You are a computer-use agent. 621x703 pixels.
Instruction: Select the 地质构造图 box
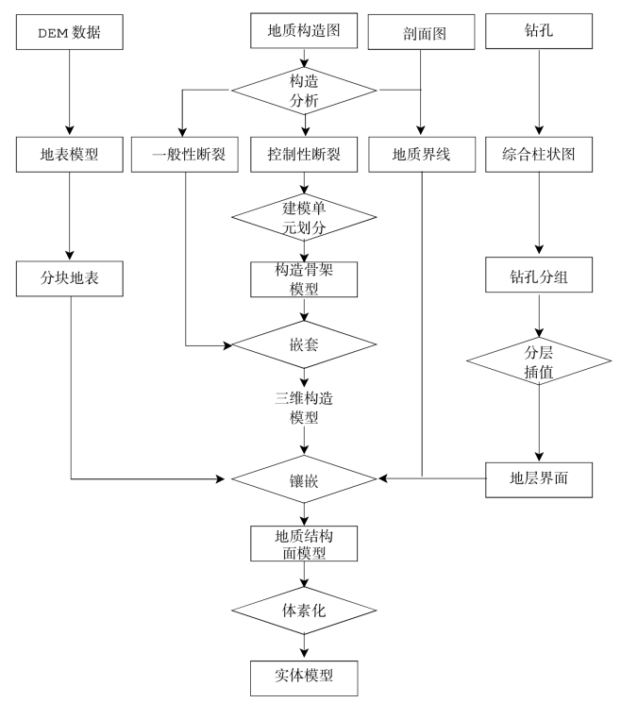coord(305,33)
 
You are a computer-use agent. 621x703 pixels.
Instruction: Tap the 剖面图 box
coord(419,34)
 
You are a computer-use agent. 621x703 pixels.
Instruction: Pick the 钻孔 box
coord(539,34)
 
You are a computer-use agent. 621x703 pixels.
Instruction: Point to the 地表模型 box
coord(72,155)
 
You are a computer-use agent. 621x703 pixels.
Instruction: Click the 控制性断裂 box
coord(305,155)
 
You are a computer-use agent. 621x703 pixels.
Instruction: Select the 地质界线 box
coord(419,155)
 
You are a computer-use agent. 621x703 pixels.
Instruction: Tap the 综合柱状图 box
coord(539,155)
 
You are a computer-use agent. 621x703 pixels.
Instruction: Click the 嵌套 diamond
coord(305,346)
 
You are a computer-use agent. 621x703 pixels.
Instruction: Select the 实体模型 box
coord(305,675)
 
